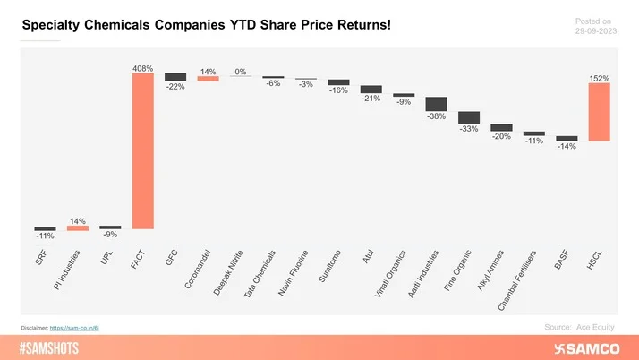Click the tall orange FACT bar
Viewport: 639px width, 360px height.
click(x=142, y=150)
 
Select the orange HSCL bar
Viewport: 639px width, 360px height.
click(x=599, y=113)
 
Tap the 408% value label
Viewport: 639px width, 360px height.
click(x=142, y=67)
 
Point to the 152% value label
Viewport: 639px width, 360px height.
click(x=599, y=79)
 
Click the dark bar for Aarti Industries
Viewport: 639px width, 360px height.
click(x=436, y=104)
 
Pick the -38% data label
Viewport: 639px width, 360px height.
click(x=436, y=116)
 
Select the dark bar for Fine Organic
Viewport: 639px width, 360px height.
click(x=469, y=117)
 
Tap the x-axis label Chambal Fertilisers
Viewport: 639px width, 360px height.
click(x=519, y=282)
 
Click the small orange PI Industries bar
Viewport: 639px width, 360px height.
click(x=78, y=228)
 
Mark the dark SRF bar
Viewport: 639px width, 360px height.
click(x=45, y=228)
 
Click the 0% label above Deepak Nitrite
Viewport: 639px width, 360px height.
click(x=241, y=72)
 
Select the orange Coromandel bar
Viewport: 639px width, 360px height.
click(x=208, y=79)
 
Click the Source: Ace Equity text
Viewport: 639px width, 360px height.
click(x=579, y=328)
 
